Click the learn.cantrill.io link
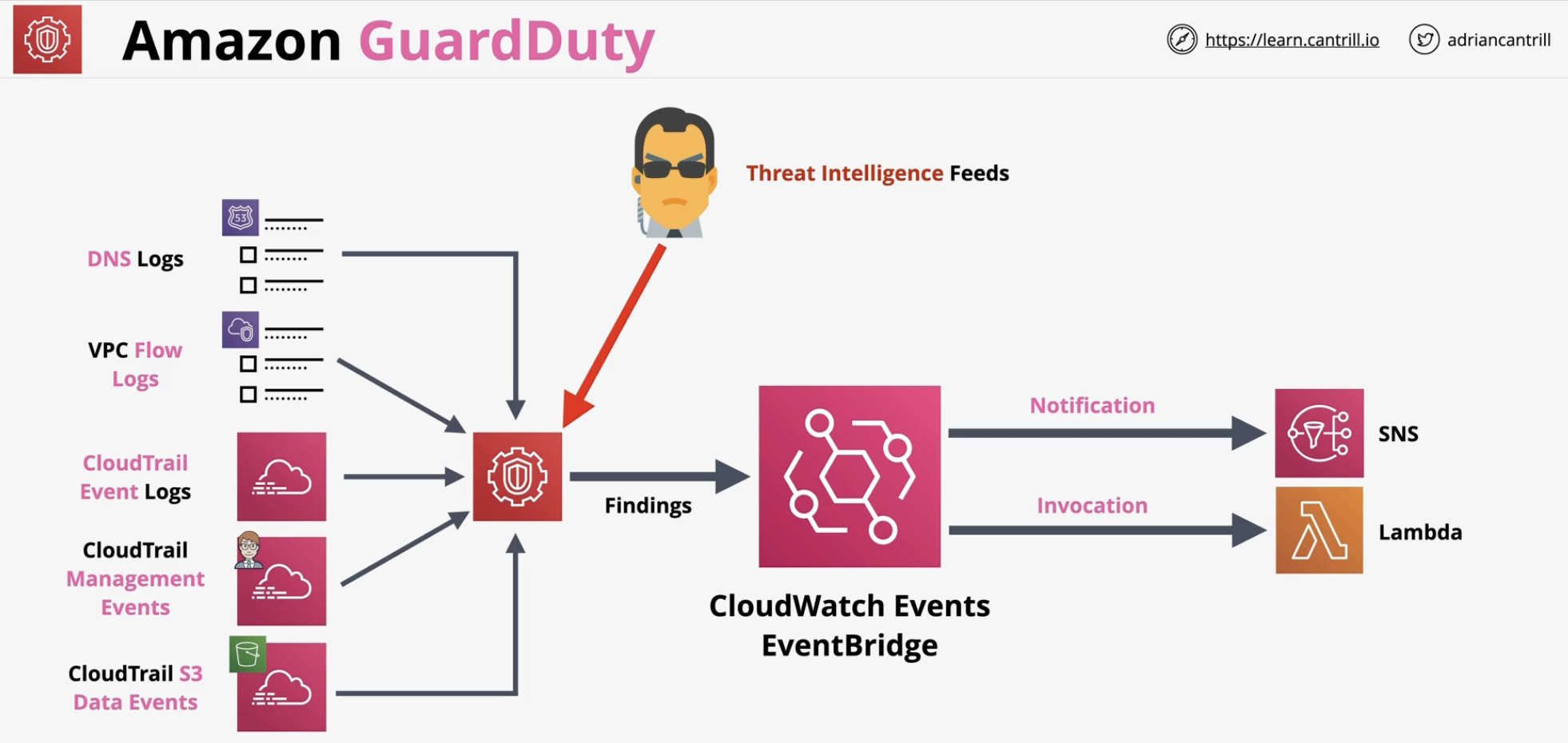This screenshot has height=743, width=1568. [1291, 40]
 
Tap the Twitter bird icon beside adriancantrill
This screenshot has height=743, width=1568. [1423, 39]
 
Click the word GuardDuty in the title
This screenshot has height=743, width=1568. [507, 42]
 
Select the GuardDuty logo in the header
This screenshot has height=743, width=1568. [47, 39]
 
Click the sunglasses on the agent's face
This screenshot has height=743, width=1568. [675, 169]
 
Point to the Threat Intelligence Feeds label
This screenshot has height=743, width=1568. [878, 173]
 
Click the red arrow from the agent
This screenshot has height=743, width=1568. [613, 336]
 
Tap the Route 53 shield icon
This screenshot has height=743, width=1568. [240, 217]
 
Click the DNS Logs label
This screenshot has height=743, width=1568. [135, 259]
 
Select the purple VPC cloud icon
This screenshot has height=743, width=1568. [240, 329]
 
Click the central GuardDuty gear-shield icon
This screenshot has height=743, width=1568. [517, 477]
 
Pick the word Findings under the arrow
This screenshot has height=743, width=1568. [648, 506]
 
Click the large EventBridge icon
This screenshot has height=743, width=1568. [850, 477]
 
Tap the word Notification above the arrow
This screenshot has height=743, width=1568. [1092, 406]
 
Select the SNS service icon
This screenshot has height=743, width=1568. [1319, 433]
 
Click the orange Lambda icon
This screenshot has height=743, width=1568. [1319, 530]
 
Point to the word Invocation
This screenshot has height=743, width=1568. [1092, 506]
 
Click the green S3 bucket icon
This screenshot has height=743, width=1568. [248, 654]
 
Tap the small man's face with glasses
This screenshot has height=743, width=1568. [249, 549]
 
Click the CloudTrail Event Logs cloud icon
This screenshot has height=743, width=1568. [281, 477]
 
